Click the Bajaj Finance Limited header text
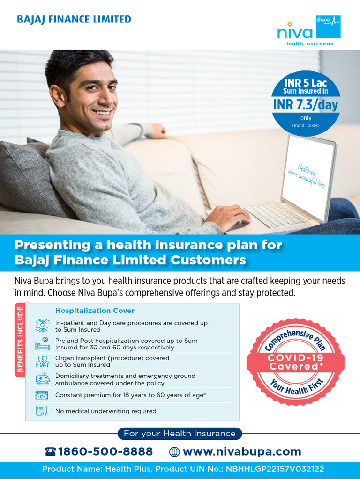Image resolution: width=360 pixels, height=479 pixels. click(x=74, y=20)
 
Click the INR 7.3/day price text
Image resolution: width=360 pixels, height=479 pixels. click(x=306, y=105)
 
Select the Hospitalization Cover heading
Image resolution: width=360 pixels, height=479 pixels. click(x=95, y=311)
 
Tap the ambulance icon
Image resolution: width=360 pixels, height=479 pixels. click(x=42, y=379)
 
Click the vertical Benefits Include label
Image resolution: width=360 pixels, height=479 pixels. click(x=20, y=340)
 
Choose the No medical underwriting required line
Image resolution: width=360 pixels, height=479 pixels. click(x=105, y=411)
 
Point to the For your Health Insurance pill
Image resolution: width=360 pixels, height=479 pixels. click(x=180, y=434)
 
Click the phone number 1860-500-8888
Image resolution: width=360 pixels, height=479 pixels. click(x=105, y=451)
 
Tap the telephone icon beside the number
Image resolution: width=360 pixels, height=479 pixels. click(x=50, y=451)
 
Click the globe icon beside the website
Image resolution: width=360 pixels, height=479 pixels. click(x=174, y=452)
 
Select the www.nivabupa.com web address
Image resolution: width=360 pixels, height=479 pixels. click(x=242, y=451)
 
